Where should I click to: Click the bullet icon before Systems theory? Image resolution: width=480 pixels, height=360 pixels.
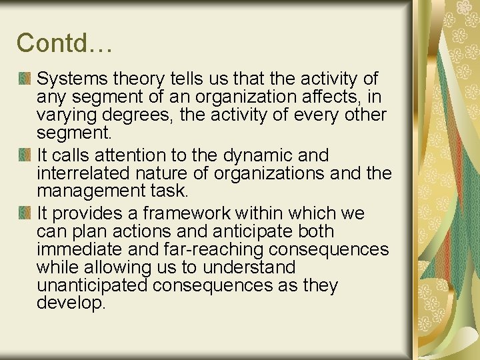tap(25, 79)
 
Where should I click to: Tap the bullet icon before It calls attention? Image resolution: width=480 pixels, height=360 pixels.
tap(25, 155)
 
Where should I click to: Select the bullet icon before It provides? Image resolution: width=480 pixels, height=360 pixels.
tap(25, 213)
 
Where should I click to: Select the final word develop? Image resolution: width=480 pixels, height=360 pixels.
tap(71, 303)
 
